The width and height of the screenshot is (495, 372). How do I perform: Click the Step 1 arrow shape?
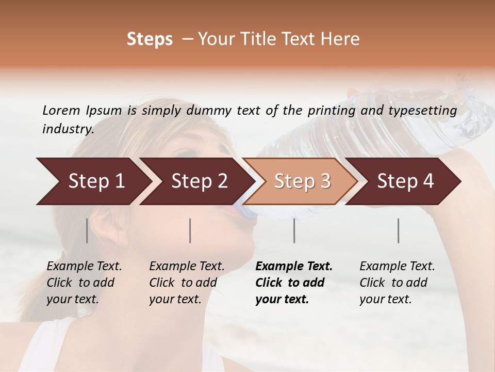click(93, 181)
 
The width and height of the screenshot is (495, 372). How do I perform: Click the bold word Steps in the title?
click(150, 39)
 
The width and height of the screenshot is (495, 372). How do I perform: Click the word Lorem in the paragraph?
click(61, 110)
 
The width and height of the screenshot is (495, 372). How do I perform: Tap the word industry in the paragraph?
click(68, 129)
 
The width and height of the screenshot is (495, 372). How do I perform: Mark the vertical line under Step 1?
click(87, 230)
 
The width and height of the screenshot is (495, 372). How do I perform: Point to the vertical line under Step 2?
click(190, 230)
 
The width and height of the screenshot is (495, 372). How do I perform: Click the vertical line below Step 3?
click(294, 230)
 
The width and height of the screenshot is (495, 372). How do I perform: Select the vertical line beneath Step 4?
click(398, 230)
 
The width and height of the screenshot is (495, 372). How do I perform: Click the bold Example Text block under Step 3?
click(294, 283)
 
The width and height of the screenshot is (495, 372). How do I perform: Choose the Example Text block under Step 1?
click(84, 283)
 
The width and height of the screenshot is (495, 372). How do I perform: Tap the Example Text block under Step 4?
click(397, 283)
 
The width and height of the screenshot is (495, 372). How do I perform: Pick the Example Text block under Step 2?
click(187, 283)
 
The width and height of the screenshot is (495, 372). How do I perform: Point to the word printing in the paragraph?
click(331, 110)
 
